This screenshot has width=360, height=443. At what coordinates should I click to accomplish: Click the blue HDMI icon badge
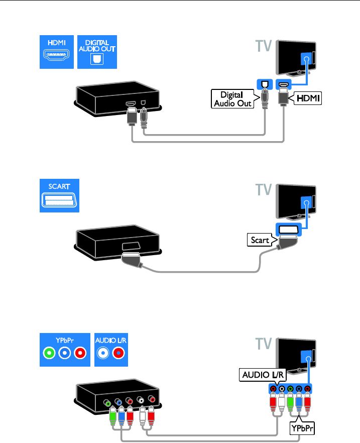[x=57, y=52]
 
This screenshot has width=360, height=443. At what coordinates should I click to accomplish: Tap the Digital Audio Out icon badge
[x=96, y=52]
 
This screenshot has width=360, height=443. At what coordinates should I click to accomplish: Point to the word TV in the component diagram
[x=261, y=345]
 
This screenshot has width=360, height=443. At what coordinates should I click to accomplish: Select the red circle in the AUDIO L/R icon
[x=118, y=353]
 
